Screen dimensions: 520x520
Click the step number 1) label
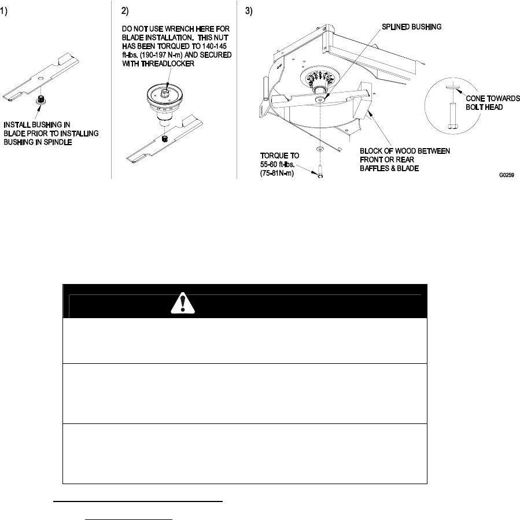click(x=5, y=12)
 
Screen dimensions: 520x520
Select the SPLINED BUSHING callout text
click(x=410, y=27)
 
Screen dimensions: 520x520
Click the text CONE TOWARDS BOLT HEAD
click(x=493, y=103)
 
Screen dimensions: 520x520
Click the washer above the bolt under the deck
click(x=319, y=149)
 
